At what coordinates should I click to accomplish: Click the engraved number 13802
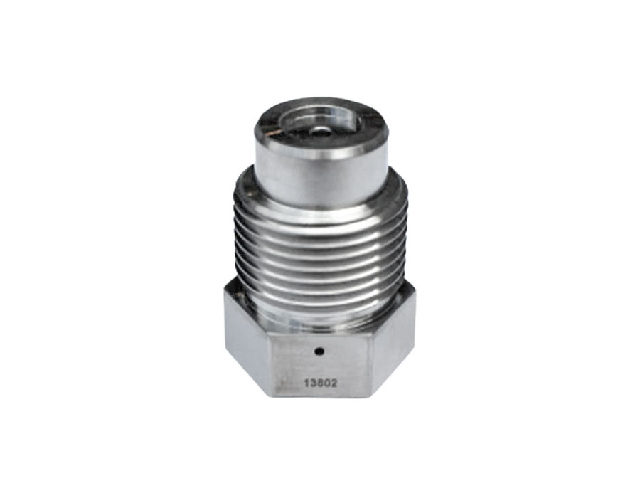(x=320, y=382)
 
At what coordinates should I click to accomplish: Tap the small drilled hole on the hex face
(x=320, y=350)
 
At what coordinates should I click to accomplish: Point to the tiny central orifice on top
(x=321, y=131)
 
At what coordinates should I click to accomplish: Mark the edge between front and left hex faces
(x=270, y=363)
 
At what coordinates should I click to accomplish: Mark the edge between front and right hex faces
(x=372, y=363)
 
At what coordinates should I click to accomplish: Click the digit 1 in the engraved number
(x=306, y=382)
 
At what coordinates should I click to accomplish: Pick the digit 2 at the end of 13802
(x=334, y=382)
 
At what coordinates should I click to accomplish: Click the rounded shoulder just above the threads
(x=320, y=203)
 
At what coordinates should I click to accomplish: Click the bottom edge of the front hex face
(x=320, y=396)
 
